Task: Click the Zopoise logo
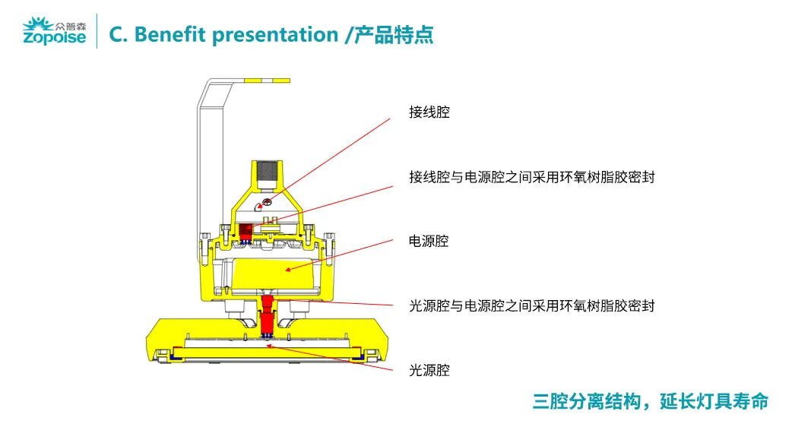(55, 31)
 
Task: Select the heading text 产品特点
(393, 34)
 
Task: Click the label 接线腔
(429, 112)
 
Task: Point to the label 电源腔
(429, 242)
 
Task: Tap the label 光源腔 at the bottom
(429, 371)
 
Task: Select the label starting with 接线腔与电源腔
(532, 177)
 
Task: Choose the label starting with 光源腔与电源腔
(532, 306)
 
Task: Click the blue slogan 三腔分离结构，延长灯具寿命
(650, 401)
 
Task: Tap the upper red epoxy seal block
(246, 232)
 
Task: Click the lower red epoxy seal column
(267, 316)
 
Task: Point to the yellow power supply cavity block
(274, 274)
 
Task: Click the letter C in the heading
(116, 34)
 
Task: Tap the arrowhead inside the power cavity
(288, 270)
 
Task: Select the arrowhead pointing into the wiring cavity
(260, 206)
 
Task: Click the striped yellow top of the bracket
(266, 81)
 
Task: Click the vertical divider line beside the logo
(97, 31)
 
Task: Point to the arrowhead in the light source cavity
(270, 346)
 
